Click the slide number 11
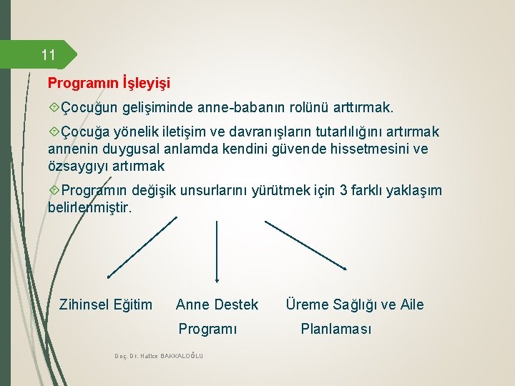48,55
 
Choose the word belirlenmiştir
89,207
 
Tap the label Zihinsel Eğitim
106,305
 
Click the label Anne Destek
217,305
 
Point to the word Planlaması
336,330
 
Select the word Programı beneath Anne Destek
207,330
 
